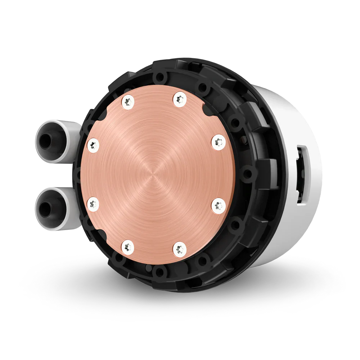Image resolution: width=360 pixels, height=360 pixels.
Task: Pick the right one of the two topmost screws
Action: (x=179, y=98)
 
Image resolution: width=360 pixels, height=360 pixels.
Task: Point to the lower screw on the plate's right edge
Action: (x=218, y=205)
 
